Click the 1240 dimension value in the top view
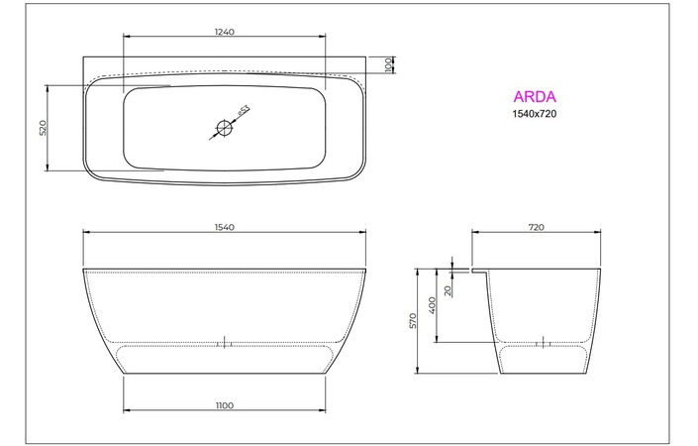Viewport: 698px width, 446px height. click(224, 32)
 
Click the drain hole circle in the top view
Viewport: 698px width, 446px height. click(224, 127)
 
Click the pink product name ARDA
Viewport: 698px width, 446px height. click(534, 97)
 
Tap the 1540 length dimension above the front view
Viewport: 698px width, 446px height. click(224, 228)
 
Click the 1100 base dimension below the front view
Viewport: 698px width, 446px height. click(224, 404)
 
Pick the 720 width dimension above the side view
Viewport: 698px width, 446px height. click(536, 228)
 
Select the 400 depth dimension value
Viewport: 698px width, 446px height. click(433, 304)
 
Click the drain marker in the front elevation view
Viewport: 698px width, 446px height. click(224, 343)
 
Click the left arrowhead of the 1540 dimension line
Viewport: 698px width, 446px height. click(86, 235)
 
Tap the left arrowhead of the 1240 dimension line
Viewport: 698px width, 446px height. click(125, 39)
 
